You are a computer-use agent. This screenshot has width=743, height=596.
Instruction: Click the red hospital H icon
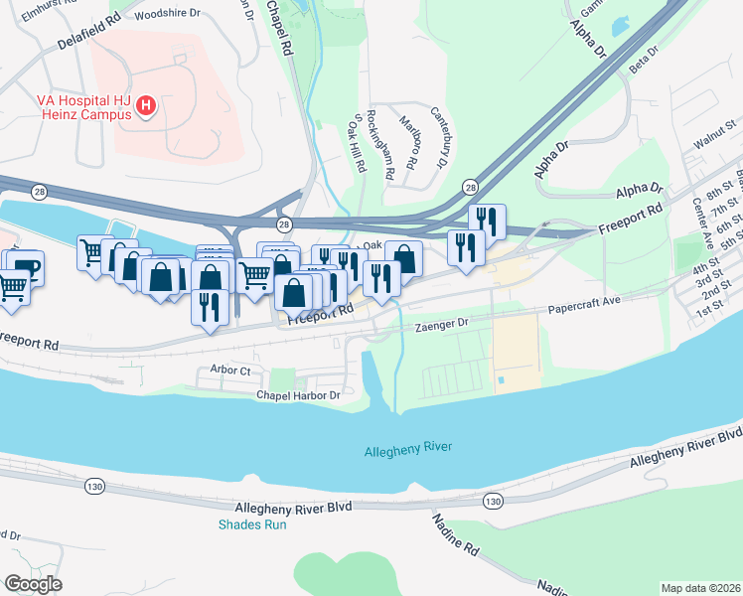pyautogui.click(x=147, y=105)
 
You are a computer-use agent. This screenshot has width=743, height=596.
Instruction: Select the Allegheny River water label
pyautogui.click(x=409, y=447)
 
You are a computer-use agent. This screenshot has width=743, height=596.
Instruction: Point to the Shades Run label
pyautogui.click(x=252, y=524)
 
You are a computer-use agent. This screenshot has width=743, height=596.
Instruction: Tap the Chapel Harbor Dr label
pyautogui.click(x=284, y=394)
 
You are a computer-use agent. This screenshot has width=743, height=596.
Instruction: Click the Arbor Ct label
pyautogui.click(x=230, y=370)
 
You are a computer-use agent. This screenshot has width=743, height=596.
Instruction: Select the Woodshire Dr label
pyautogui.click(x=166, y=15)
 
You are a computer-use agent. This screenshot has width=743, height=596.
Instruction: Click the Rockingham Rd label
pyautogui.click(x=381, y=144)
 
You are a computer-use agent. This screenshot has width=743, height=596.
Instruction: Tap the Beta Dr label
pyautogui.click(x=645, y=59)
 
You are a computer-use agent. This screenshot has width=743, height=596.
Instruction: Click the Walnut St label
pyautogui.click(x=713, y=140)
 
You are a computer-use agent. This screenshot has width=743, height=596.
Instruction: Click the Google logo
pyautogui.click(x=34, y=584)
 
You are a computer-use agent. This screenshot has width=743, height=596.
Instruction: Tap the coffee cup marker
pyautogui.click(x=27, y=266)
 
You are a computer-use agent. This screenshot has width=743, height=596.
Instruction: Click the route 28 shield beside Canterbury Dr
pyautogui.click(x=470, y=187)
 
